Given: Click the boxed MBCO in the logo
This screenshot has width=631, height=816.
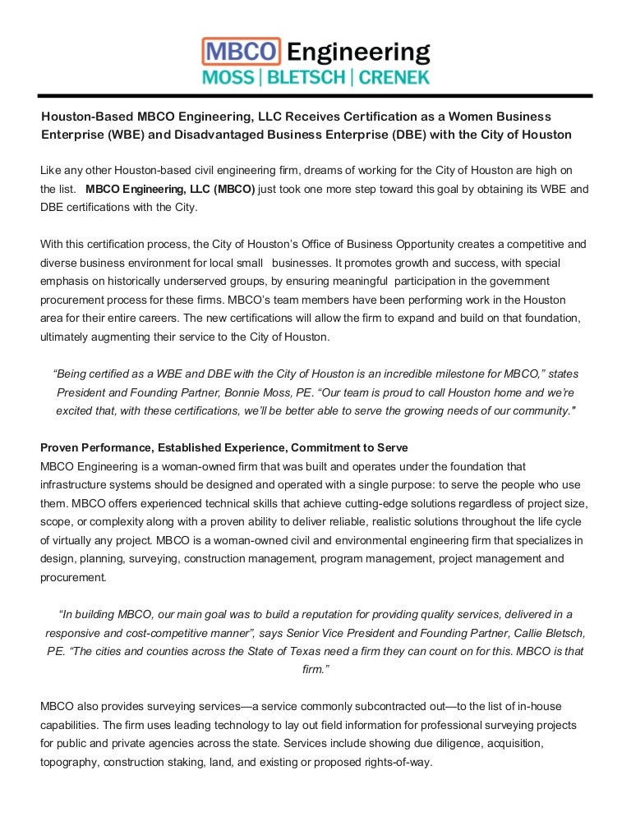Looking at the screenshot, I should coord(242,52).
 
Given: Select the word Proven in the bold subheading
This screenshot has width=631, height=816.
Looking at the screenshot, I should coord(61,447).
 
